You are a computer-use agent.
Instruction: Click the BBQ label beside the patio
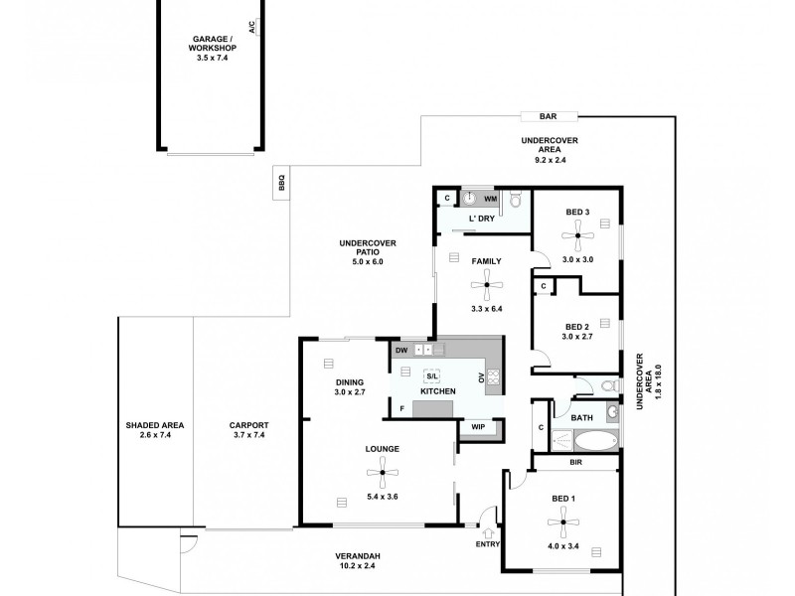click(x=282, y=184)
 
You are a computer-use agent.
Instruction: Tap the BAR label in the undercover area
click(x=548, y=116)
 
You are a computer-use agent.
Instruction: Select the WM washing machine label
click(x=490, y=200)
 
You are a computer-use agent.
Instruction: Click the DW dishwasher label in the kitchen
click(x=401, y=350)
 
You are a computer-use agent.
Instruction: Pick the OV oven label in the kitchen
click(x=481, y=377)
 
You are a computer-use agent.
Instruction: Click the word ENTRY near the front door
click(x=488, y=544)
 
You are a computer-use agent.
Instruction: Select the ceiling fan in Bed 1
click(x=563, y=520)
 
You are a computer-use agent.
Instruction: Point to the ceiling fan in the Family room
click(x=486, y=289)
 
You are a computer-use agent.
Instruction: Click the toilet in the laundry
click(x=515, y=202)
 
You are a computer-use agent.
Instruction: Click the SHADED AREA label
click(x=151, y=425)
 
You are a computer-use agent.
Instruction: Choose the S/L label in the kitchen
click(x=432, y=375)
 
